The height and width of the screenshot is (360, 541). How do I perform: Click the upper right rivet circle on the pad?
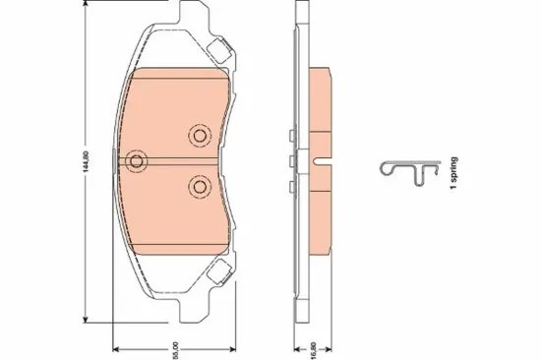(200, 135)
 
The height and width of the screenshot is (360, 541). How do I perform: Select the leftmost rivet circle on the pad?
(137, 160)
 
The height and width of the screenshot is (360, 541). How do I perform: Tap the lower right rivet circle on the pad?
(200, 185)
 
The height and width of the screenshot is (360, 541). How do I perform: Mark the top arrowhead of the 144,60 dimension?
(89, 6)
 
